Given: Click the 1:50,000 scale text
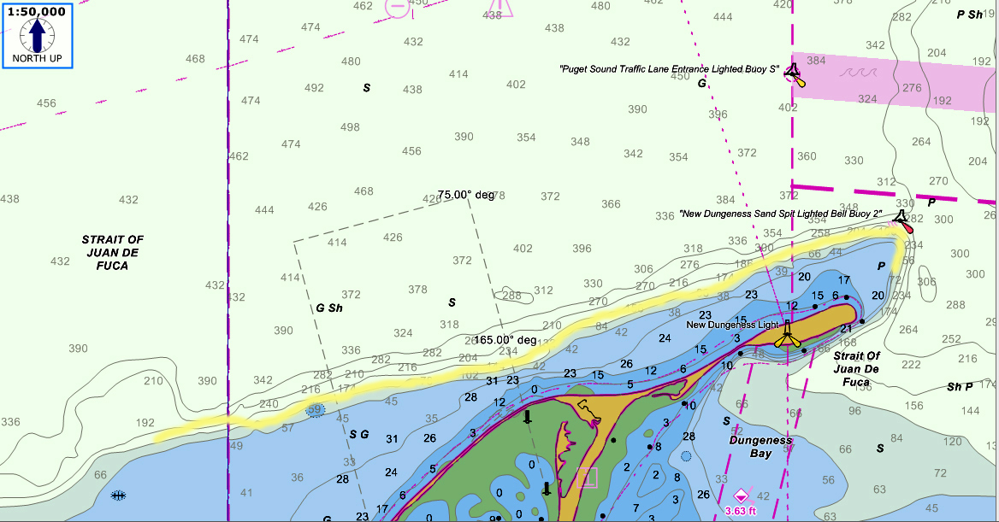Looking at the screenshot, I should [x=37, y=12].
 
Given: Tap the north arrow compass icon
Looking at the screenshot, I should [x=37, y=36].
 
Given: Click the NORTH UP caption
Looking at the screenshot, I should [x=37, y=59].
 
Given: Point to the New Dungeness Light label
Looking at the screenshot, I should [x=732, y=325].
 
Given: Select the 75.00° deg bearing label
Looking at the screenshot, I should [x=466, y=195].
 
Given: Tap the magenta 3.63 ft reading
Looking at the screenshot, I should [x=741, y=511].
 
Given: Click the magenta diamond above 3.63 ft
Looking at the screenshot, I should [x=741, y=496].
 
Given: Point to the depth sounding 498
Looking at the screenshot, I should [x=350, y=127].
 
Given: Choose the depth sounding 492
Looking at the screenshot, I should [x=314, y=88].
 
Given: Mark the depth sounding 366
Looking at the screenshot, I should [x=611, y=205].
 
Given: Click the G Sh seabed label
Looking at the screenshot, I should [x=329, y=308].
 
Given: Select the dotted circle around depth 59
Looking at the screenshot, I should [x=316, y=411].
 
